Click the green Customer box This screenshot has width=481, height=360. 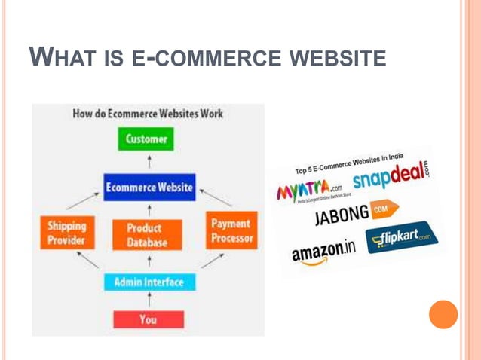point(148,139)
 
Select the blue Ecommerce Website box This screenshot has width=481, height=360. point(149,187)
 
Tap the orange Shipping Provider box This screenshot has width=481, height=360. point(66,233)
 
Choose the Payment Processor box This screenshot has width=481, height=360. point(231,230)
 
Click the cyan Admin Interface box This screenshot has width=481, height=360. point(149,282)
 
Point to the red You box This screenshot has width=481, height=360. point(148,319)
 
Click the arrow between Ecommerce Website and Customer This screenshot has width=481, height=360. point(149,162)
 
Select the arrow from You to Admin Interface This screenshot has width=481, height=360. point(149,301)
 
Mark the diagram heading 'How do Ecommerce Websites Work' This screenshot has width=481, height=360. point(148,114)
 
